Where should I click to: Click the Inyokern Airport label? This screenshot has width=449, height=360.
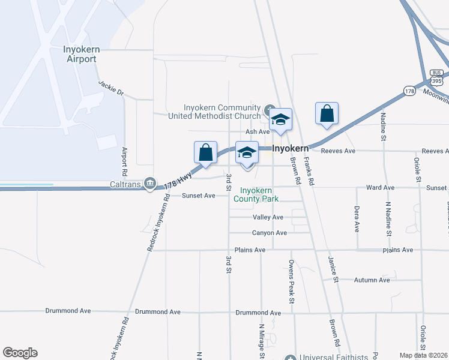tap(80, 54)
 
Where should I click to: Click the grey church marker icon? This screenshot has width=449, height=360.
tap(269, 110)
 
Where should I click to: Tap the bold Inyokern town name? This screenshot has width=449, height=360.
tap(291, 148)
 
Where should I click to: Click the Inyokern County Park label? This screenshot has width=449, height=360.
tap(259, 194)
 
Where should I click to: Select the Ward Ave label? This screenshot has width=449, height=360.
tap(380, 188)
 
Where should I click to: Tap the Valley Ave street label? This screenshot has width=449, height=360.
tap(268, 217)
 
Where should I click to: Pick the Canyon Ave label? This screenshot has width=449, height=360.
tap(270, 233)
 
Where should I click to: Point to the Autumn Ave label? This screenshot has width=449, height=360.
tap(372, 280)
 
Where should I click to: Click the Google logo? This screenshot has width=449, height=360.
tap(20, 353)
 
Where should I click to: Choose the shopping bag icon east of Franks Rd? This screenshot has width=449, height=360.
tap(327, 113)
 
